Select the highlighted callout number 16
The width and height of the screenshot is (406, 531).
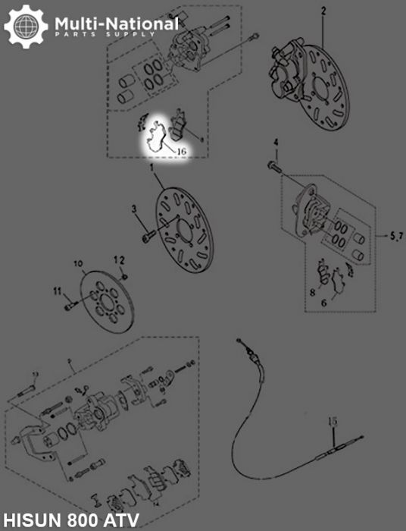181,152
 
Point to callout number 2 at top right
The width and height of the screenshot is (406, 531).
323,11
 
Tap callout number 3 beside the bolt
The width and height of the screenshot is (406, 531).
133,208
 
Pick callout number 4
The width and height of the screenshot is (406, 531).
276,143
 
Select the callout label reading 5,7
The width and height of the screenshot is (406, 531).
395,237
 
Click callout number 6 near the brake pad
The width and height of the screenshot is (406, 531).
324,301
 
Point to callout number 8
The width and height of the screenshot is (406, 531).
311,291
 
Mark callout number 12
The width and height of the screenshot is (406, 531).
119,259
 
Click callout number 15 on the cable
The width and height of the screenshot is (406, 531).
332,422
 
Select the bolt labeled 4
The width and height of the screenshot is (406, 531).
273,163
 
